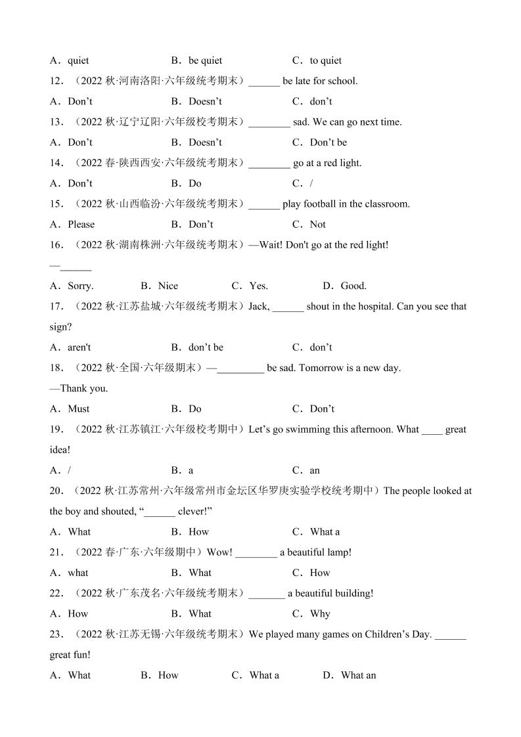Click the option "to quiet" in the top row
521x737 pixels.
coord(325,60)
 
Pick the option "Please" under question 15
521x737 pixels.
coord(81,224)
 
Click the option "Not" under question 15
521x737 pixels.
coord(317,224)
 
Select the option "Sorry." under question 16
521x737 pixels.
coord(80,286)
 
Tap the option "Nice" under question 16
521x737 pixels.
coord(168,286)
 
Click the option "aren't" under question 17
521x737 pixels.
coord(79,347)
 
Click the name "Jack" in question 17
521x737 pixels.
coord(258,306)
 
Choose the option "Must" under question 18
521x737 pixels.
coord(78,409)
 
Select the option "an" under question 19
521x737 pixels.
coord(315,470)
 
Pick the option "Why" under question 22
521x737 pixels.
coord(320,614)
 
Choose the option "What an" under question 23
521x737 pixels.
coord(358,675)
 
